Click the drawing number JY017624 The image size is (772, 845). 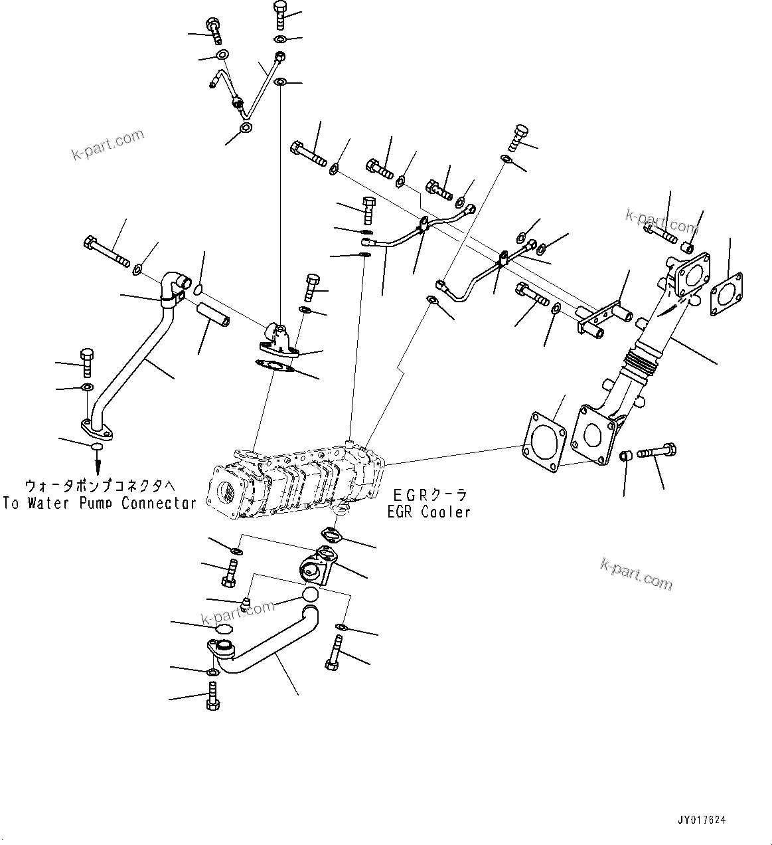702,820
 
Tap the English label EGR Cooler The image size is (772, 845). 429,512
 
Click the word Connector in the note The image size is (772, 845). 159,503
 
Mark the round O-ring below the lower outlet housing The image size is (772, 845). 309,595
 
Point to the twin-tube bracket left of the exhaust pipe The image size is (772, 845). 601,320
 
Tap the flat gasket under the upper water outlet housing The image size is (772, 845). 275,366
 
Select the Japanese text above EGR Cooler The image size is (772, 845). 429,495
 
